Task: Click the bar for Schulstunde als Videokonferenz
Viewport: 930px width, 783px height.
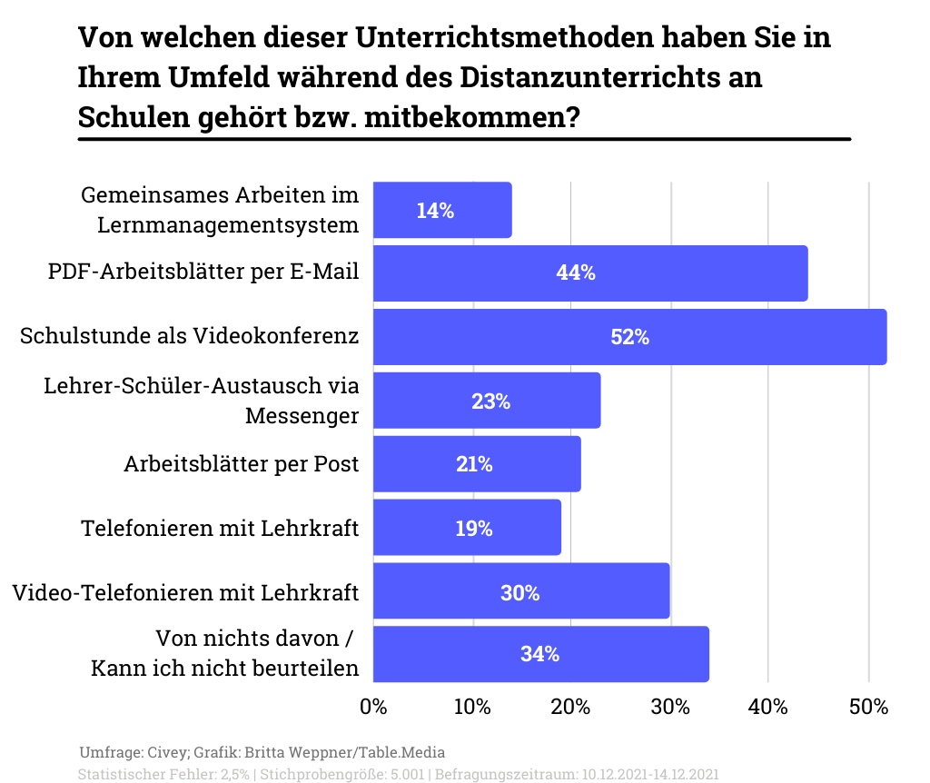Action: point(629,337)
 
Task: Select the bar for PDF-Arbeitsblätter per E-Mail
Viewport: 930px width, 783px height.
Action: point(590,273)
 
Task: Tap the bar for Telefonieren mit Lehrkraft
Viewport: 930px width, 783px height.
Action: point(467,528)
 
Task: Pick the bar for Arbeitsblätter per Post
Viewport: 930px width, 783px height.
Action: point(477,464)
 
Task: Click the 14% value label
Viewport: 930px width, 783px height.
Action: point(435,211)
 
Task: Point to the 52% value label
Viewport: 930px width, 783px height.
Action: point(629,337)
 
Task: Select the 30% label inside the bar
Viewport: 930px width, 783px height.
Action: point(519,593)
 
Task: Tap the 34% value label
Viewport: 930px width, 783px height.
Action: point(539,654)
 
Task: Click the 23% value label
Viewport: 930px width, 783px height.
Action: point(490,401)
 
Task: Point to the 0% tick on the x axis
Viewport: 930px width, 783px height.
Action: point(373,706)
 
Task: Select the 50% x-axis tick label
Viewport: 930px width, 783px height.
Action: point(867,706)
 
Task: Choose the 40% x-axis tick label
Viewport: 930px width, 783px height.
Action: point(768,706)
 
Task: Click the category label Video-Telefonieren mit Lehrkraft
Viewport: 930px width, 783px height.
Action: point(185,593)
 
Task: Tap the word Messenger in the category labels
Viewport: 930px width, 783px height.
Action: point(302,416)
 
